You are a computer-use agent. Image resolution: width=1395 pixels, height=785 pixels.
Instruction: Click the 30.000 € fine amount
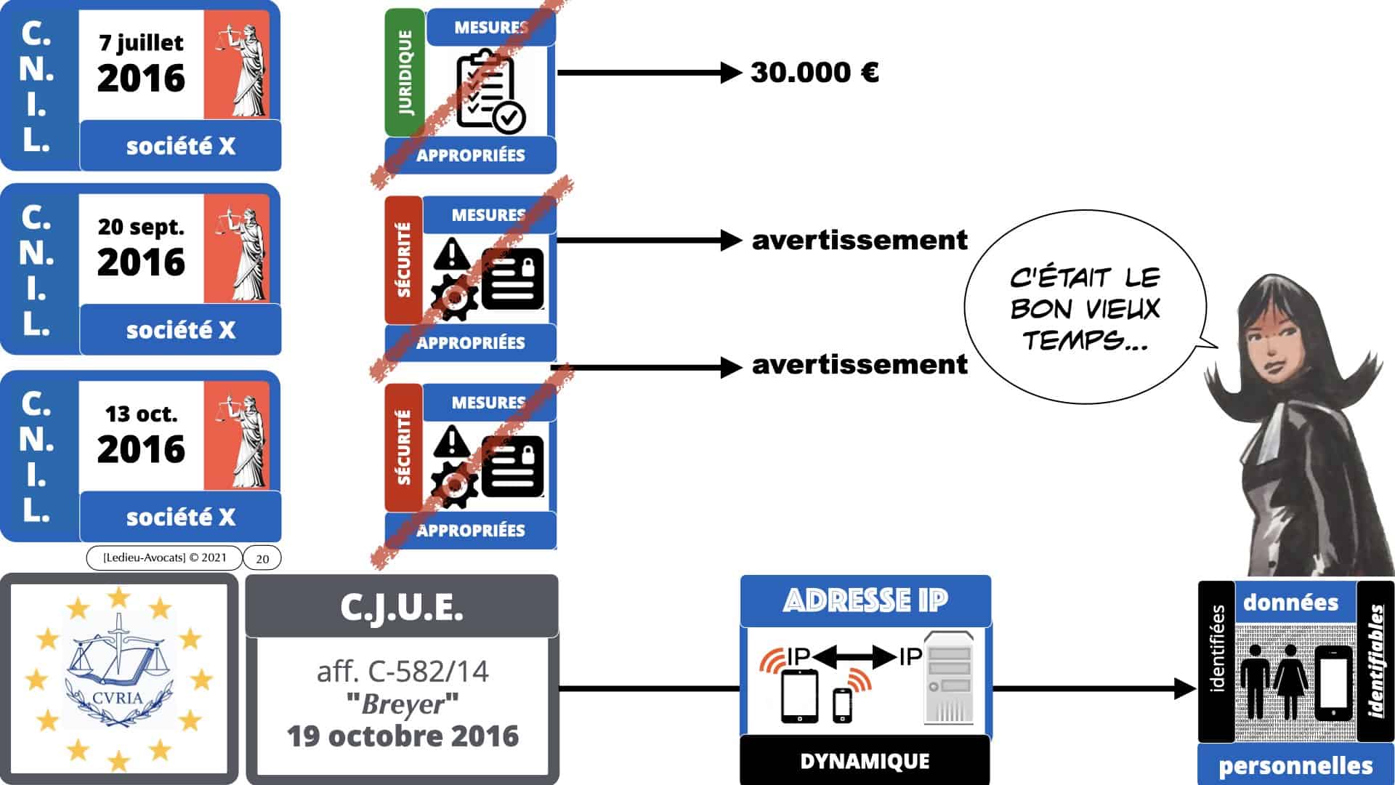814,73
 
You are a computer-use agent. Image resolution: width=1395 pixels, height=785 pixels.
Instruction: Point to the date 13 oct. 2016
142,435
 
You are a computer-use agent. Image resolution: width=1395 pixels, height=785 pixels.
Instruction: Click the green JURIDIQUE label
405,73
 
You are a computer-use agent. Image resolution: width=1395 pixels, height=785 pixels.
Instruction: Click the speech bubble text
1084,309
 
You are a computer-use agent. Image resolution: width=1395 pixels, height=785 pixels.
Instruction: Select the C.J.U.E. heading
402,607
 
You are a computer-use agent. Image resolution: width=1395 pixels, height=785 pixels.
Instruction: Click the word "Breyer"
403,704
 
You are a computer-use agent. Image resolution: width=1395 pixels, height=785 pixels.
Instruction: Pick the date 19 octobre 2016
403,736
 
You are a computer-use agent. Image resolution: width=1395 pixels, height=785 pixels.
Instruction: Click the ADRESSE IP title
865,600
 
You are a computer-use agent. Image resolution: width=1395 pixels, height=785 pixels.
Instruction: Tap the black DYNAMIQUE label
865,761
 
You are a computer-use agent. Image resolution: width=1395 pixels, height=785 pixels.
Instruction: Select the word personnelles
1295,765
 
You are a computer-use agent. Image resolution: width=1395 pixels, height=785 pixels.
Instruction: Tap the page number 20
262,558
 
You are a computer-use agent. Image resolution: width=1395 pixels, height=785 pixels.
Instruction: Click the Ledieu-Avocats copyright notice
164,557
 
